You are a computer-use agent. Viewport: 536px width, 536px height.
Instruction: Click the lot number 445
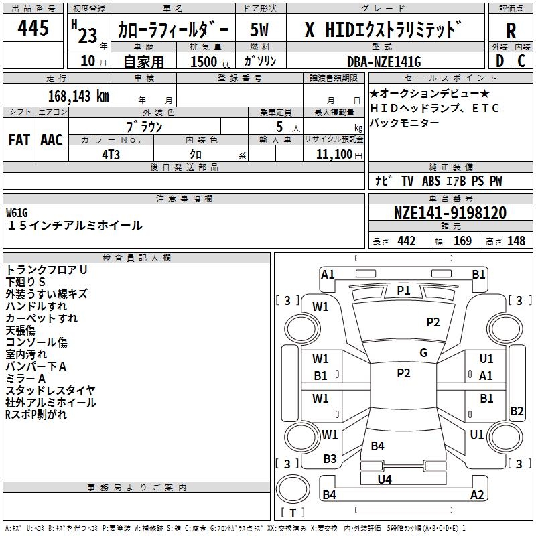(x=33, y=29)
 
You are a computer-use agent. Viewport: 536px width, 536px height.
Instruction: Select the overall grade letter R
(x=511, y=31)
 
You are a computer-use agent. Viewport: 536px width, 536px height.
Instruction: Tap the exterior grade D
(x=499, y=61)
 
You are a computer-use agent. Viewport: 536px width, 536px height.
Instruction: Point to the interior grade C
(x=521, y=61)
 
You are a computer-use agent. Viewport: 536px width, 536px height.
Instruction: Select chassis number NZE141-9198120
(x=450, y=214)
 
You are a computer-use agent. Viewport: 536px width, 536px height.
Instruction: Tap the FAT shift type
(x=19, y=140)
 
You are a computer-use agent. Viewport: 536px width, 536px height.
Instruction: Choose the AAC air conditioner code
(x=52, y=140)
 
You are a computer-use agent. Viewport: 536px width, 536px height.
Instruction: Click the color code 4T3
(x=111, y=154)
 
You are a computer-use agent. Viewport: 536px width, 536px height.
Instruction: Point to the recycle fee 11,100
(x=336, y=154)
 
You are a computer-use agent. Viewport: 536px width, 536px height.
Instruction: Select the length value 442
(x=406, y=241)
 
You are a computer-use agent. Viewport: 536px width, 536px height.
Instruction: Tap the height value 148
(x=516, y=241)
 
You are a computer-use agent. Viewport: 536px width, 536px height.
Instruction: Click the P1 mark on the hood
(x=403, y=290)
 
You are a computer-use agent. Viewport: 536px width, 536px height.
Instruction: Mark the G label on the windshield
(x=423, y=353)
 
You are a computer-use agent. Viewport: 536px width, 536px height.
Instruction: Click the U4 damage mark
(x=385, y=479)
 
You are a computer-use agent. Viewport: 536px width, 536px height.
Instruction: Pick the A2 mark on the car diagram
(x=477, y=495)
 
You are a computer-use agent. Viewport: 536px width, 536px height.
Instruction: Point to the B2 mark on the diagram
(x=517, y=411)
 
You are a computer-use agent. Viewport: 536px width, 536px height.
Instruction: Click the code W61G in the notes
(x=17, y=213)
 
